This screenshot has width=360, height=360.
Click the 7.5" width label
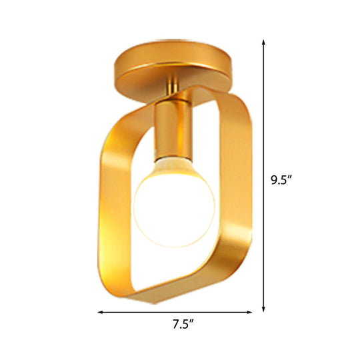pos(181,325)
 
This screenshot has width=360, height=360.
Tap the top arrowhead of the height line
pos(264,42)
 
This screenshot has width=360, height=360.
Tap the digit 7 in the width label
pos(174,325)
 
